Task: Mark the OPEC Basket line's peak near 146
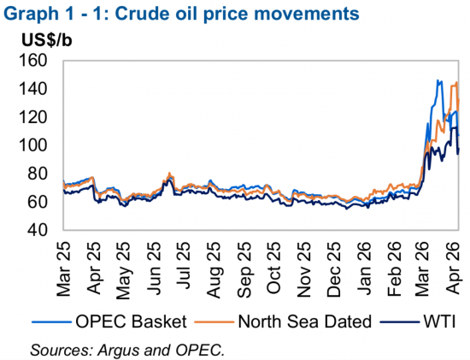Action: (438, 81)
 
